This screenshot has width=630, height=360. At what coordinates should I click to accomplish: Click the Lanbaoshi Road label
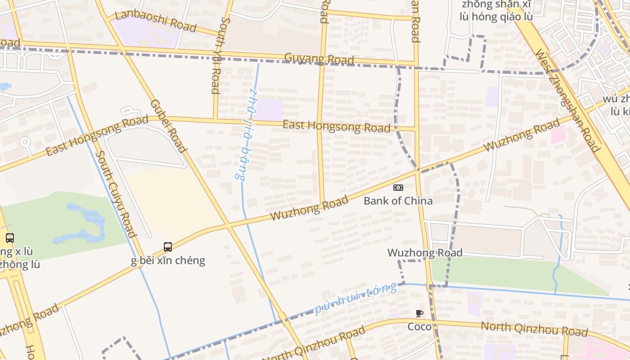156,21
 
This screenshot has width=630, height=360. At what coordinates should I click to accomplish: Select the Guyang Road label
319,58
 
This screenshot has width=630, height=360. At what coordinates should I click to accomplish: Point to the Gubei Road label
168,126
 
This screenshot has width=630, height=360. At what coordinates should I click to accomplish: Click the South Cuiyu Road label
116,193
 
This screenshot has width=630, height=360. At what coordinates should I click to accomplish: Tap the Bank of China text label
398,201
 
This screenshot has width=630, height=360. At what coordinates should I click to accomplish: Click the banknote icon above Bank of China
398,188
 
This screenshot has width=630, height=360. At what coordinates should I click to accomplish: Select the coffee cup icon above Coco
419,314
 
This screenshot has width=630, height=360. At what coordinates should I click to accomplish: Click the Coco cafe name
419,326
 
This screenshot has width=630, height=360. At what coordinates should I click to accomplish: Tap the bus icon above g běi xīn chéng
168,247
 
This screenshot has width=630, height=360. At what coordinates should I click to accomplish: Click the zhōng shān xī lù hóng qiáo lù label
496,11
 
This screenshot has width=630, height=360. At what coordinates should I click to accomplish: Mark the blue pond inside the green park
83,223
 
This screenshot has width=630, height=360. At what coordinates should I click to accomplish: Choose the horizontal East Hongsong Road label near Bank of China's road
336,126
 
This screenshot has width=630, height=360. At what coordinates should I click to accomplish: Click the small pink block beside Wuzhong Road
558,134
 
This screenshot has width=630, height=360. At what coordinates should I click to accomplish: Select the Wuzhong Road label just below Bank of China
425,253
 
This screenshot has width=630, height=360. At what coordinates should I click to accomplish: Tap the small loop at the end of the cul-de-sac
25,142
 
